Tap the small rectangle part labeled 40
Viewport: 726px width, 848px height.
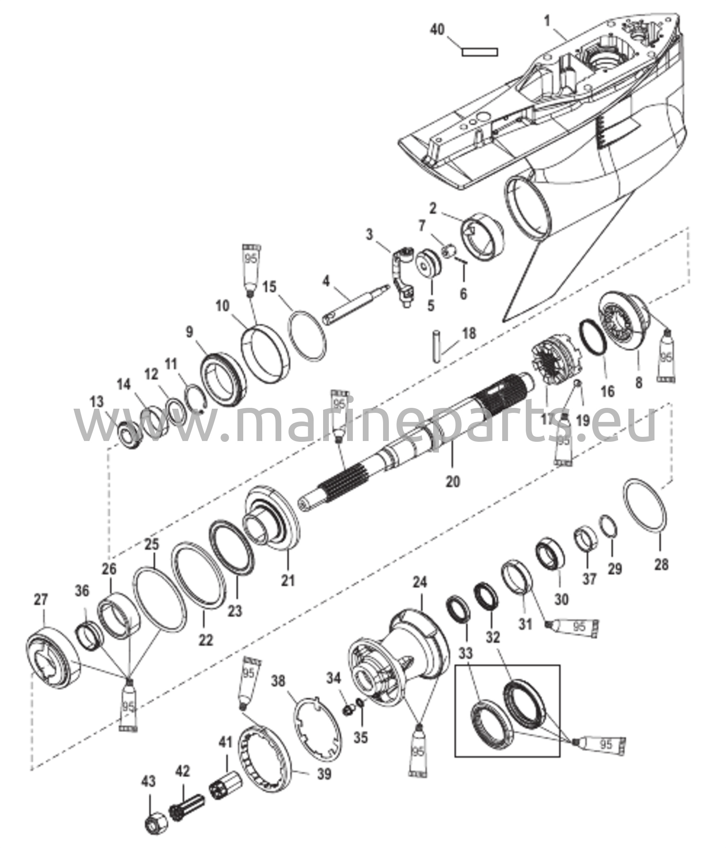(x=479, y=52)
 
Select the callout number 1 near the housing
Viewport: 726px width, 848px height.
(x=548, y=20)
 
